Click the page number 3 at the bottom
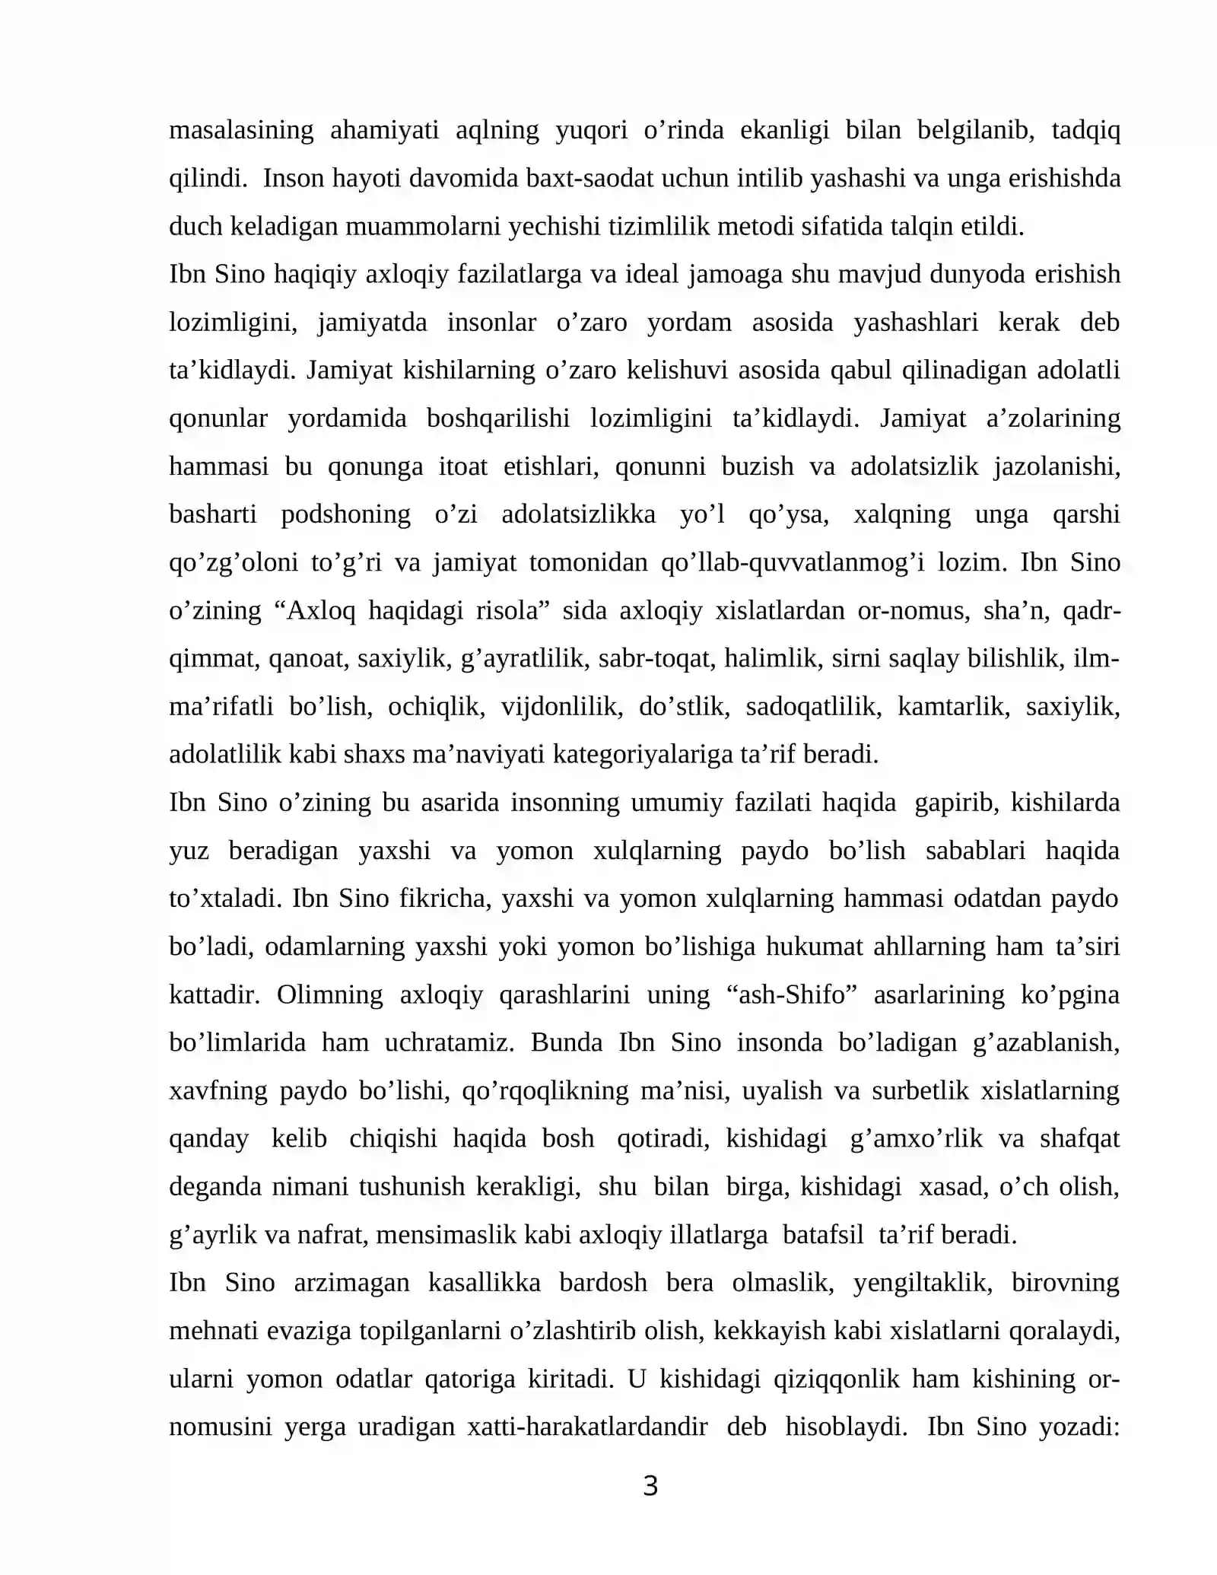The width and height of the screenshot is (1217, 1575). (650, 1486)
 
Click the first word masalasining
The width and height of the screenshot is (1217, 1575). (241, 130)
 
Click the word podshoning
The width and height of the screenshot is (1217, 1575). (346, 514)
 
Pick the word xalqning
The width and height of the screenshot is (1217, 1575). (902, 514)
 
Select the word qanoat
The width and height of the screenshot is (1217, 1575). (308, 658)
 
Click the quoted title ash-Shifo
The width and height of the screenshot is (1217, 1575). (793, 994)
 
